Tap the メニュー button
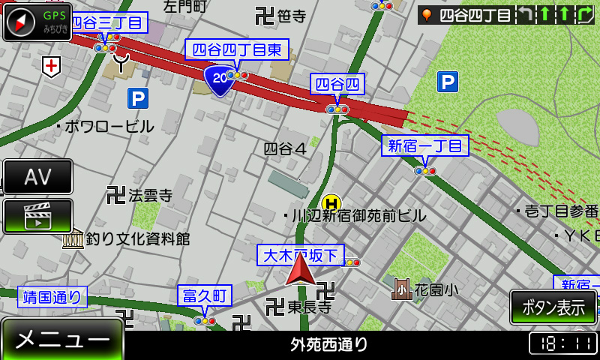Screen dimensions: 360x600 pyautogui.click(x=62, y=340)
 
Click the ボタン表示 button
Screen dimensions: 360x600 pyautogui.click(x=553, y=307)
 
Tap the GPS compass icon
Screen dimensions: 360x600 pyautogui.click(x=37, y=22)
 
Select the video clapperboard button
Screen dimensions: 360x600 pyautogui.click(x=37, y=216)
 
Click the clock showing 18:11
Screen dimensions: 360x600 pyautogui.click(x=563, y=343)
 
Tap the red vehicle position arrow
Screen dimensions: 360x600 pyautogui.click(x=300, y=269)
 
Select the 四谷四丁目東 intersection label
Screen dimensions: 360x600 pyautogui.click(x=236, y=49)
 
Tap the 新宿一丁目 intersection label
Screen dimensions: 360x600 pyautogui.click(x=424, y=145)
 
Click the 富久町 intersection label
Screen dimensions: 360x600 pyautogui.click(x=205, y=295)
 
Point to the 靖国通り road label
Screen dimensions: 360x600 pyautogui.click(x=52, y=297)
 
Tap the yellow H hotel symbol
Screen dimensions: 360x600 pyautogui.click(x=331, y=203)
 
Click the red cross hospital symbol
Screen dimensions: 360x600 pyautogui.click(x=51, y=66)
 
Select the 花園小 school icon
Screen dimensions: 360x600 pyautogui.click(x=402, y=289)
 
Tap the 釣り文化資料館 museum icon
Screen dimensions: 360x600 pyautogui.click(x=73, y=239)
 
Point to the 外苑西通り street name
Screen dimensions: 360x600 pyautogui.click(x=329, y=344)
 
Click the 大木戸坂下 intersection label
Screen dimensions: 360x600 pyautogui.click(x=301, y=255)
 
